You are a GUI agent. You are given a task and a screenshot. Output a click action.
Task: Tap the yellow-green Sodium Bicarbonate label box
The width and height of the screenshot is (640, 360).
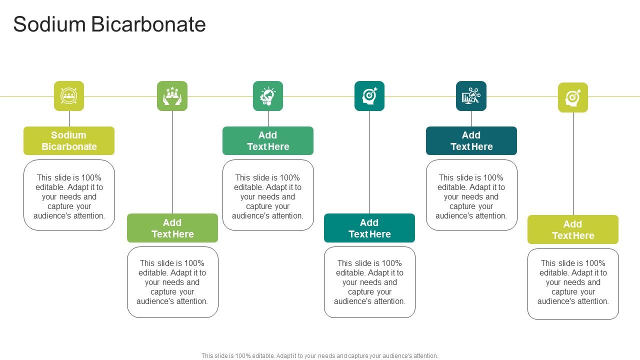point(69,140)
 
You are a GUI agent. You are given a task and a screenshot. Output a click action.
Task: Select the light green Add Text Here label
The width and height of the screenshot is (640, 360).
point(172,228)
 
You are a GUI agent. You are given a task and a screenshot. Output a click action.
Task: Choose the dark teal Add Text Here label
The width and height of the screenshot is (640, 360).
point(471,140)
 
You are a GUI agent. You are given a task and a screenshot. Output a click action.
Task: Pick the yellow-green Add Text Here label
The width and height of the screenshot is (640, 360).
point(573,229)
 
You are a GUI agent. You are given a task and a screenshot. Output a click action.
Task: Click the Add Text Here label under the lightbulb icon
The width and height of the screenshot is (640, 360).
point(268,140)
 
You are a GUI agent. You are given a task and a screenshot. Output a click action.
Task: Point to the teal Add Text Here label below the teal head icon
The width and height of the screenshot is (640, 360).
point(369,228)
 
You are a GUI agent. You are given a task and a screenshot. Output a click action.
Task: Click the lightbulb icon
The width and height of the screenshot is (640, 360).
point(268,96)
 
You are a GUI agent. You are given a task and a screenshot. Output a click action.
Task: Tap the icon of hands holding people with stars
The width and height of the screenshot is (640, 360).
point(172,96)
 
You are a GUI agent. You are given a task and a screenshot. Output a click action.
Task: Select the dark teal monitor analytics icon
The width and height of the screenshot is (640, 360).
point(471,96)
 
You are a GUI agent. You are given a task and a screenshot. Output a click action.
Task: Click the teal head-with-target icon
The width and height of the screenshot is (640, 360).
point(369,96)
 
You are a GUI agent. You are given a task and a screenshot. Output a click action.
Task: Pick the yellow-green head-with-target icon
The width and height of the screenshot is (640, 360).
point(573,97)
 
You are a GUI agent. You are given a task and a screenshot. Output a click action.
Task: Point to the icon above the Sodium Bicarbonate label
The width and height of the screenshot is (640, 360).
point(69,96)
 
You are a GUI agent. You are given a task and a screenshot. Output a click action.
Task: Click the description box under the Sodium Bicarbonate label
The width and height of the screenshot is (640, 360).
point(69,195)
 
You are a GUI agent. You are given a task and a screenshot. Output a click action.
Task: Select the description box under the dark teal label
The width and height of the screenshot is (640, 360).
point(471,195)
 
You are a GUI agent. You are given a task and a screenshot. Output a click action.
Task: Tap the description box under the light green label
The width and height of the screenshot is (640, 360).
point(172,282)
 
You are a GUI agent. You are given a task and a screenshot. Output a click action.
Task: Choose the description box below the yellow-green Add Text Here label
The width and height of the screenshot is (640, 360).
point(573,283)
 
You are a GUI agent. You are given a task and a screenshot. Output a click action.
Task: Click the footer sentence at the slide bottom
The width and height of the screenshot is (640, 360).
point(320,356)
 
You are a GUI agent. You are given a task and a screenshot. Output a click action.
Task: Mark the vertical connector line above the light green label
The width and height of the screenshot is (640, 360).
point(172,162)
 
